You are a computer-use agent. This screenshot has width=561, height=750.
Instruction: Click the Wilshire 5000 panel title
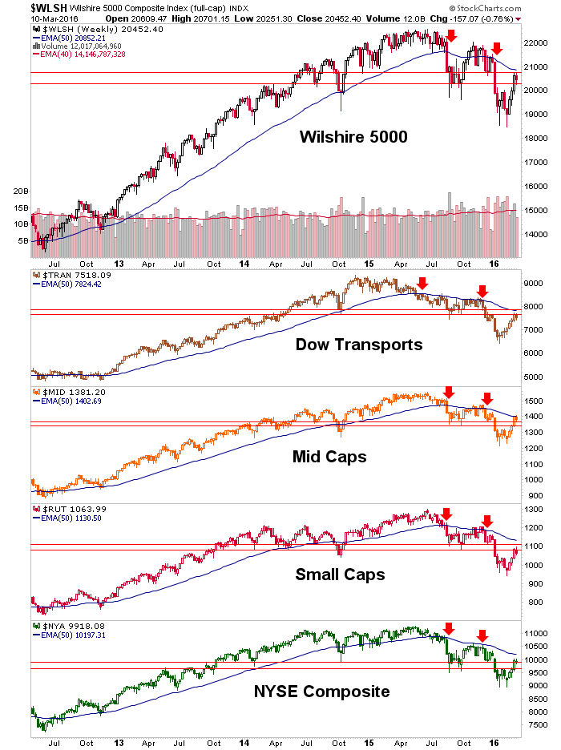tap(353, 137)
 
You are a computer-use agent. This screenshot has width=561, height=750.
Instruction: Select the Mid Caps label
tap(330, 457)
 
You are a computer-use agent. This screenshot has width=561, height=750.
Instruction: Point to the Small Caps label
tap(340, 575)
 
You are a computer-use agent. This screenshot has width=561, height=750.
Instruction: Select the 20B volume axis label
tap(20, 192)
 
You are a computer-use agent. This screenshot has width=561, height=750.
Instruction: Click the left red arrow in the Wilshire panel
tap(451, 36)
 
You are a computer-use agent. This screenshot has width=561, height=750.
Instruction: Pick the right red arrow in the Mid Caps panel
tap(486, 397)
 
